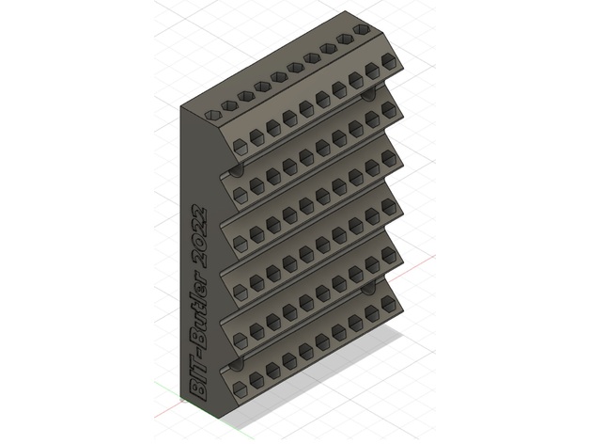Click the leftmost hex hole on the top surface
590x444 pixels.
[x=213, y=115]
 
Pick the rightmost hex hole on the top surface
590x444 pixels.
[x=362, y=29]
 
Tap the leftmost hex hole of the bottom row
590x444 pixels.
[x=240, y=388]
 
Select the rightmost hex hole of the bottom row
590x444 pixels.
[x=389, y=304]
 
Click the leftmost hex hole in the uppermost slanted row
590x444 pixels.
[x=240, y=146]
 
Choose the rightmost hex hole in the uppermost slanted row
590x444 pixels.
[x=389, y=61]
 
